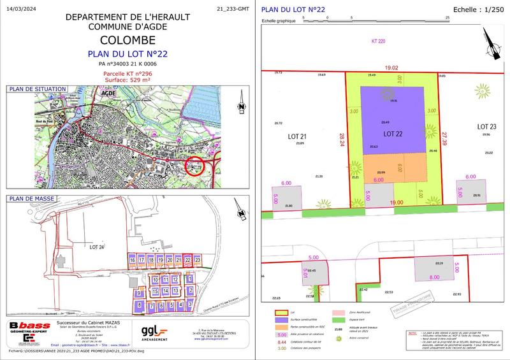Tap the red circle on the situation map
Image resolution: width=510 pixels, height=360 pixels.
click(195, 165)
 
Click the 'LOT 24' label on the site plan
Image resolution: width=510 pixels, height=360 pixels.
click(97, 247)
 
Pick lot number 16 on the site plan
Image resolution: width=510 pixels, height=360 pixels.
click(132, 261)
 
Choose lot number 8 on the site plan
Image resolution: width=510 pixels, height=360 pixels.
click(140, 306)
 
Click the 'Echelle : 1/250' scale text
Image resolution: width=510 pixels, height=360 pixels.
click(476, 10)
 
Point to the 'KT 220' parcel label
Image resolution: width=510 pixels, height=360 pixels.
click(379, 42)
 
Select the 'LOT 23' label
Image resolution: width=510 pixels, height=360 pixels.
click(486, 127)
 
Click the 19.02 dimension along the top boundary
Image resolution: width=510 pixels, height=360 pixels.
click(391, 67)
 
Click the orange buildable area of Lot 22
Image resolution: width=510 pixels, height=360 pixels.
click(386, 169)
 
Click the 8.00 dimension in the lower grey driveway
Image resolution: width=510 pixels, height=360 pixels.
click(433, 278)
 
